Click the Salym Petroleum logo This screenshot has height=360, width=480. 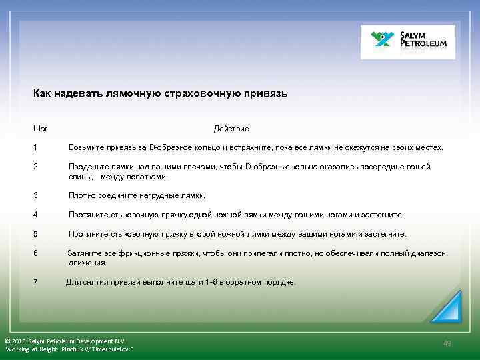pyautogui.click(x=407, y=42)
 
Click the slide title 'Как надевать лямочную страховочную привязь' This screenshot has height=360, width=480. pyautogui.click(x=160, y=93)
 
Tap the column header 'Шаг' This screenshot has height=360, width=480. pyautogui.click(x=40, y=128)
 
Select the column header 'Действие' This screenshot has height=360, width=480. pyautogui.click(x=231, y=128)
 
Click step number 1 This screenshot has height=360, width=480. pyautogui.click(x=35, y=147)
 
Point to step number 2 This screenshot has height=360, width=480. pyautogui.click(x=35, y=167)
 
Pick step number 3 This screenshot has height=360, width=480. pyautogui.click(x=35, y=195)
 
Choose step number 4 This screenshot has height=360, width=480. pyautogui.click(x=35, y=215)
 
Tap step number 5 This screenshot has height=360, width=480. pyautogui.click(x=35, y=234)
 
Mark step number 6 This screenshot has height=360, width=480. pyautogui.click(x=35, y=253)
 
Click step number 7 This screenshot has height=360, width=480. pyautogui.click(x=35, y=282)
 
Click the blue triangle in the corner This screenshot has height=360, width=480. pyautogui.click(x=447, y=308)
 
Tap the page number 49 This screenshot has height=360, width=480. pyautogui.click(x=447, y=343)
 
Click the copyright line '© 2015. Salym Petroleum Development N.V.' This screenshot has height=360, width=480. pyautogui.click(x=65, y=341)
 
